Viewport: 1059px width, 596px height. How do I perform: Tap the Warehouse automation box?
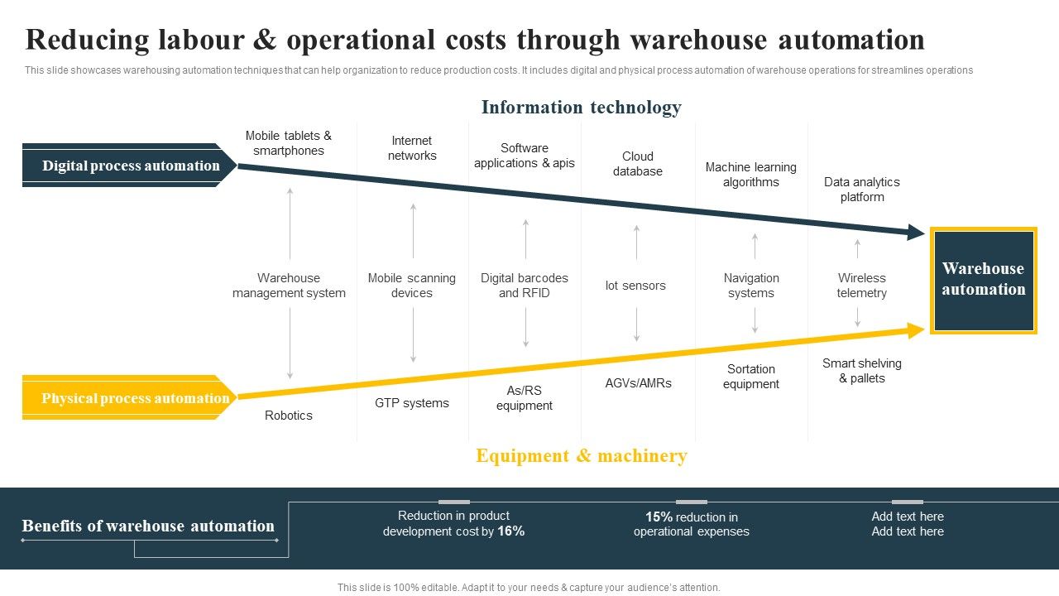point(983,280)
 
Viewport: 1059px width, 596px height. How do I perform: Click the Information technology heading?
point(581,108)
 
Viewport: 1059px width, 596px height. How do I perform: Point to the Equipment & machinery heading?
point(581,456)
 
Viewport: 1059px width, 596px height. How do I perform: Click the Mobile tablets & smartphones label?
point(288,143)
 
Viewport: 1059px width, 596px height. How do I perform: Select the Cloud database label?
point(637,164)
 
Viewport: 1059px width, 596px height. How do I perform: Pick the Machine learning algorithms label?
point(750,175)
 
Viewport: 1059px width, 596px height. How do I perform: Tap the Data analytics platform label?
point(861,190)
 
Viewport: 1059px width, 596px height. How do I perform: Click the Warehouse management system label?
point(288,286)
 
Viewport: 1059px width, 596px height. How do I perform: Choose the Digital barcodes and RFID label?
point(525,286)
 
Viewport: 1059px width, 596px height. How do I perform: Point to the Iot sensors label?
point(635,286)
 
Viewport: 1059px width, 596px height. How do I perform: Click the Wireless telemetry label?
point(861,286)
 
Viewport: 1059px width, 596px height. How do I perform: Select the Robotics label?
point(288,416)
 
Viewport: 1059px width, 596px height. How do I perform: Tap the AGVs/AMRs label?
point(638,383)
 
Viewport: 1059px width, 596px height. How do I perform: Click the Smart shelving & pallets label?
point(861,371)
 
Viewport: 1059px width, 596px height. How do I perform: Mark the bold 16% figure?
point(510,531)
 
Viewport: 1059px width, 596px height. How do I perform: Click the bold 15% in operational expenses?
point(659,517)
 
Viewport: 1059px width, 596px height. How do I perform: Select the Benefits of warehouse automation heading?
point(148,526)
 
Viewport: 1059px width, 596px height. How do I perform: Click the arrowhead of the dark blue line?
point(916,233)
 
